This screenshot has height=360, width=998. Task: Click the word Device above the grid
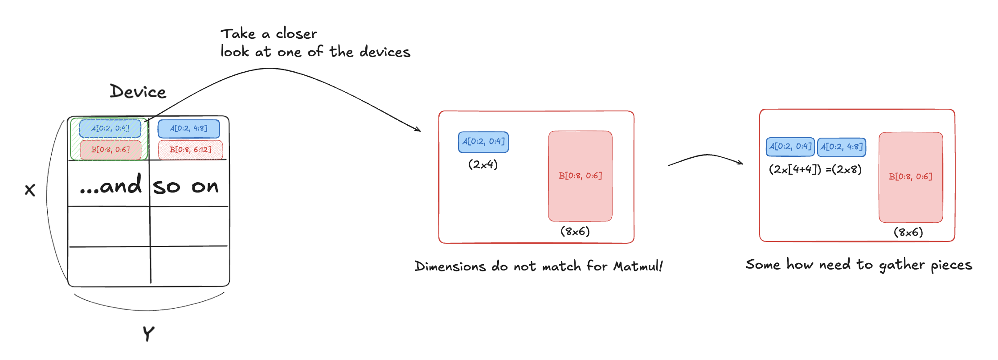point(138,92)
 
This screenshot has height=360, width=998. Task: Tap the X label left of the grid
point(30,190)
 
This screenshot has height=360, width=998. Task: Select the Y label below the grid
point(148,333)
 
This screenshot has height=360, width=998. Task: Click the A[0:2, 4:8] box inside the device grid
point(188,129)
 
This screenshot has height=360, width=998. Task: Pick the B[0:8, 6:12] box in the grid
point(190,150)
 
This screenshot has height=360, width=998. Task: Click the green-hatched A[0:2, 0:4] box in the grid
point(110,129)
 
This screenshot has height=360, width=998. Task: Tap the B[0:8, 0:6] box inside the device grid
point(110,150)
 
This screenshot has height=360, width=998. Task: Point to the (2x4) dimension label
point(483,164)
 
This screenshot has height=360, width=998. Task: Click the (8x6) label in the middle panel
point(575,231)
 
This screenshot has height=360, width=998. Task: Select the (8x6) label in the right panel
point(908,232)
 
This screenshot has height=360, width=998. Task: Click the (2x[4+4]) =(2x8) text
point(815,169)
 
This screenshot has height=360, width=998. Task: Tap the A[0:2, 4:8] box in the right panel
point(842,147)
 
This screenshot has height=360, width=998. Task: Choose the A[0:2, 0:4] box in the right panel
point(790,147)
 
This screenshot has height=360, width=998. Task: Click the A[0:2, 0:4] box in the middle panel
point(483,142)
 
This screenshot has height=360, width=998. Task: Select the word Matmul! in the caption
point(638,266)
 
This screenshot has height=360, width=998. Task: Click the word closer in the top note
point(296,34)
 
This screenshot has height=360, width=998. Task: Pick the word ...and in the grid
point(111,185)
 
